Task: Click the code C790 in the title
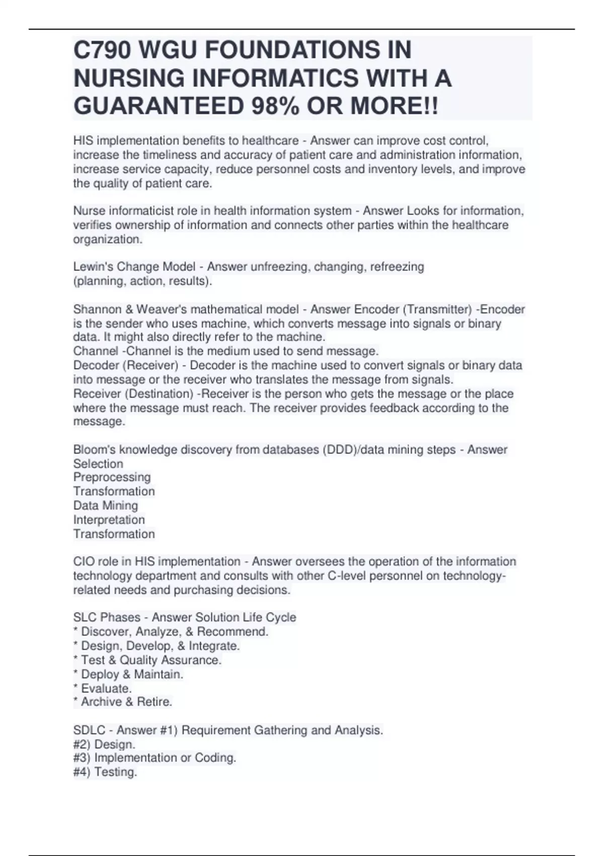coord(102,50)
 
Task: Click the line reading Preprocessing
coord(112,477)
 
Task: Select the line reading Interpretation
coord(109,520)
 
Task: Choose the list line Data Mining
coord(105,506)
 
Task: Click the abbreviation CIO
coord(84,561)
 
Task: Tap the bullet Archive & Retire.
coord(126,702)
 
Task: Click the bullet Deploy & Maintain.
coord(131,674)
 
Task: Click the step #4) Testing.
coord(105,772)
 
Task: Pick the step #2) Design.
coord(104,744)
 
